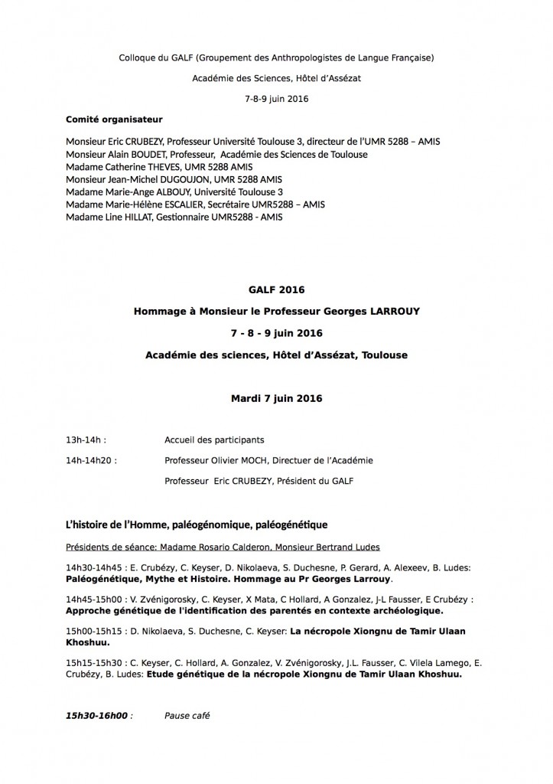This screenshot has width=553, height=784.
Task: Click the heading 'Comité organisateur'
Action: point(114,119)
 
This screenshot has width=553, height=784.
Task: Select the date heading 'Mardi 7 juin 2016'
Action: point(276,398)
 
